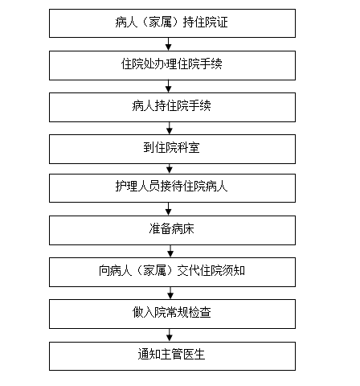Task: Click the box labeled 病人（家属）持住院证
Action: pos(172,23)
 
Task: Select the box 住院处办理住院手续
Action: pos(172,65)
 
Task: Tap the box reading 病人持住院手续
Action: pos(172,107)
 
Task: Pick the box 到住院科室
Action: pos(172,149)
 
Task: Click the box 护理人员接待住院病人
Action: pos(172,188)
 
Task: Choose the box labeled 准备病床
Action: pos(172,230)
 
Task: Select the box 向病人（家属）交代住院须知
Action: pos(172,272)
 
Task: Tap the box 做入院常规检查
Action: pos(172,314)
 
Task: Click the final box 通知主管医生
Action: pos(172,356)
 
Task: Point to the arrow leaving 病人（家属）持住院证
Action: pos(168,44)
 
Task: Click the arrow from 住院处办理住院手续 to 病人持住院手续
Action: pos(168,86)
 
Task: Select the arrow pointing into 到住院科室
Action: pos(170,128)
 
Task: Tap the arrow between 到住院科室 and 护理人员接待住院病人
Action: pos(170,169)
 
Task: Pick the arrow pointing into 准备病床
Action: pos(168,209)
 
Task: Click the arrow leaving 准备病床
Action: pos(170,251)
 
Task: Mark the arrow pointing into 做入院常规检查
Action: pos(170,293)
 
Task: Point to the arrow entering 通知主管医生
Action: pos(170,335)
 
